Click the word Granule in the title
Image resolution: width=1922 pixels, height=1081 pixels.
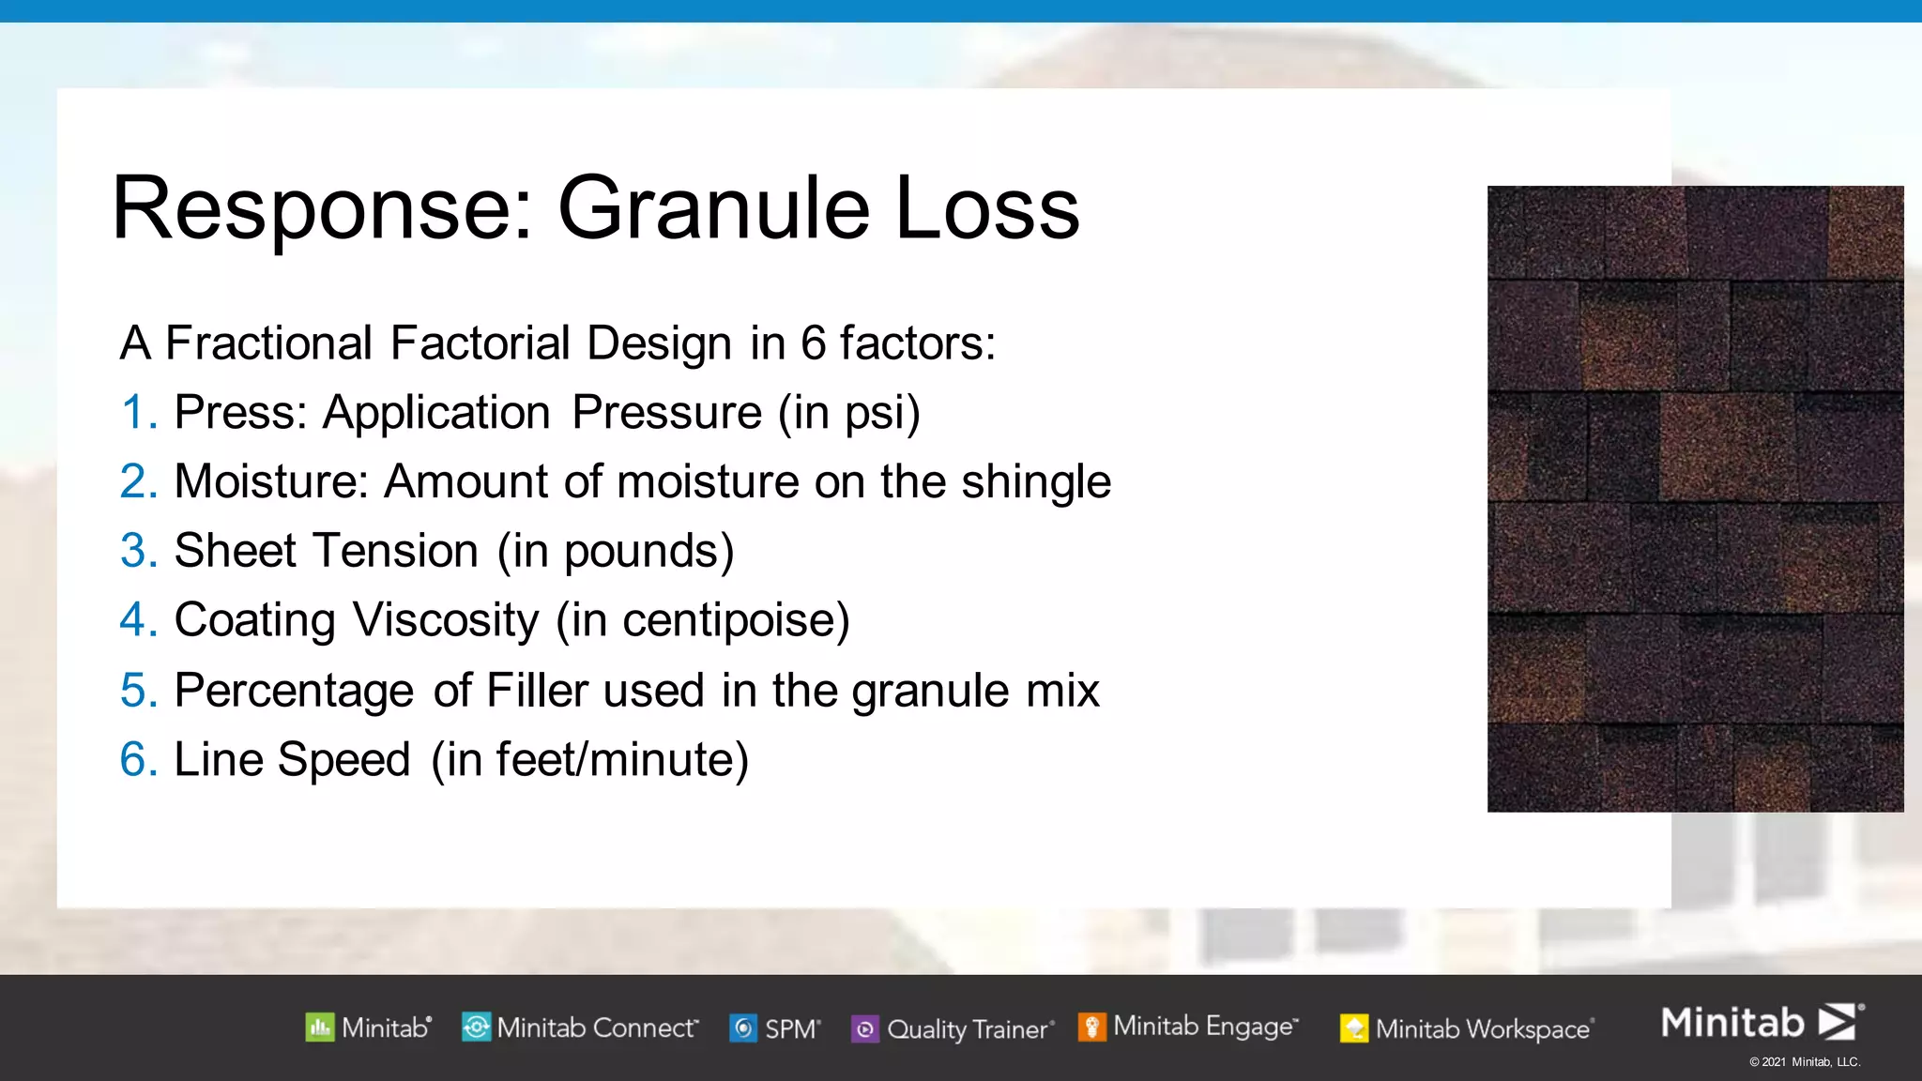(713, 208)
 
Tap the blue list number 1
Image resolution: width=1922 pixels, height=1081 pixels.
(138, 413)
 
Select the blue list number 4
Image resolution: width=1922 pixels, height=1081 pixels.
(138, 620)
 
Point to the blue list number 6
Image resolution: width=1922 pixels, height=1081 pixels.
(138, 759)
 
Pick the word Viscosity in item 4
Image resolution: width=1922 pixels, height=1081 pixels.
(446, 620)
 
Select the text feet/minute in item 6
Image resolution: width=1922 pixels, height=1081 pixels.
(614, 759)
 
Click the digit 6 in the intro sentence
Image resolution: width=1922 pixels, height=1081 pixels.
(813, 343)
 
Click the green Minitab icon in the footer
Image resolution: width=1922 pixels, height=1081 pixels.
(319, 1028)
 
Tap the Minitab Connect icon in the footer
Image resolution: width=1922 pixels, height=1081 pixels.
(476, 1028)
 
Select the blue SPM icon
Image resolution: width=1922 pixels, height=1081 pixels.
(743, 1028)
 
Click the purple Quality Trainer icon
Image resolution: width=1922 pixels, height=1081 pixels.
(864, 1029)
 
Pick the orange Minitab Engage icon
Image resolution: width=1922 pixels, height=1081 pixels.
(1091, 1027)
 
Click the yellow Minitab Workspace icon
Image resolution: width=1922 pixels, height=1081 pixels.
(1353, 1028)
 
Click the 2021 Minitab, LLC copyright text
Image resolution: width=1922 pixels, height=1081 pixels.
(1804, 1062)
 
